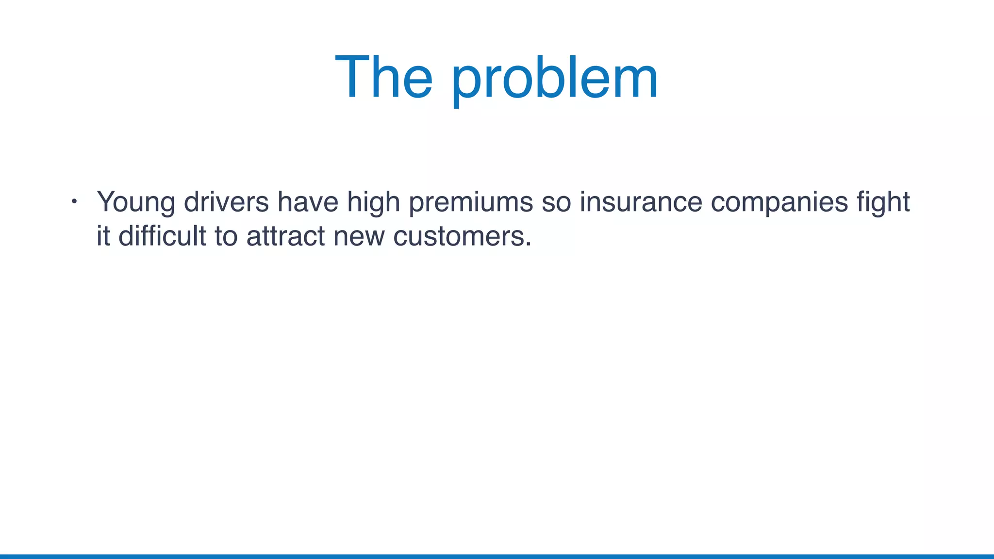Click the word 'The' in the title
pos(383,78)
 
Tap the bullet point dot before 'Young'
pos(74,201)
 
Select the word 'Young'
pos(135,202)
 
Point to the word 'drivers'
pos(226,201)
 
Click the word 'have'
pos(308,201)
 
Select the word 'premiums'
pos(471,202)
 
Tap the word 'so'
pos(556,202)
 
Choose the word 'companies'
pos(779,202)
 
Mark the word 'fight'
pos(883,202)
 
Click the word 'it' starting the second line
pos(103,236)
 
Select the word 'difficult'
pos(162,236)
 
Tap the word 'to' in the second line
pos(226,236)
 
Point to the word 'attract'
pos(285,236)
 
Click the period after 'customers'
pos(529,245)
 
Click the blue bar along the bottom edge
pos(497,556)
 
